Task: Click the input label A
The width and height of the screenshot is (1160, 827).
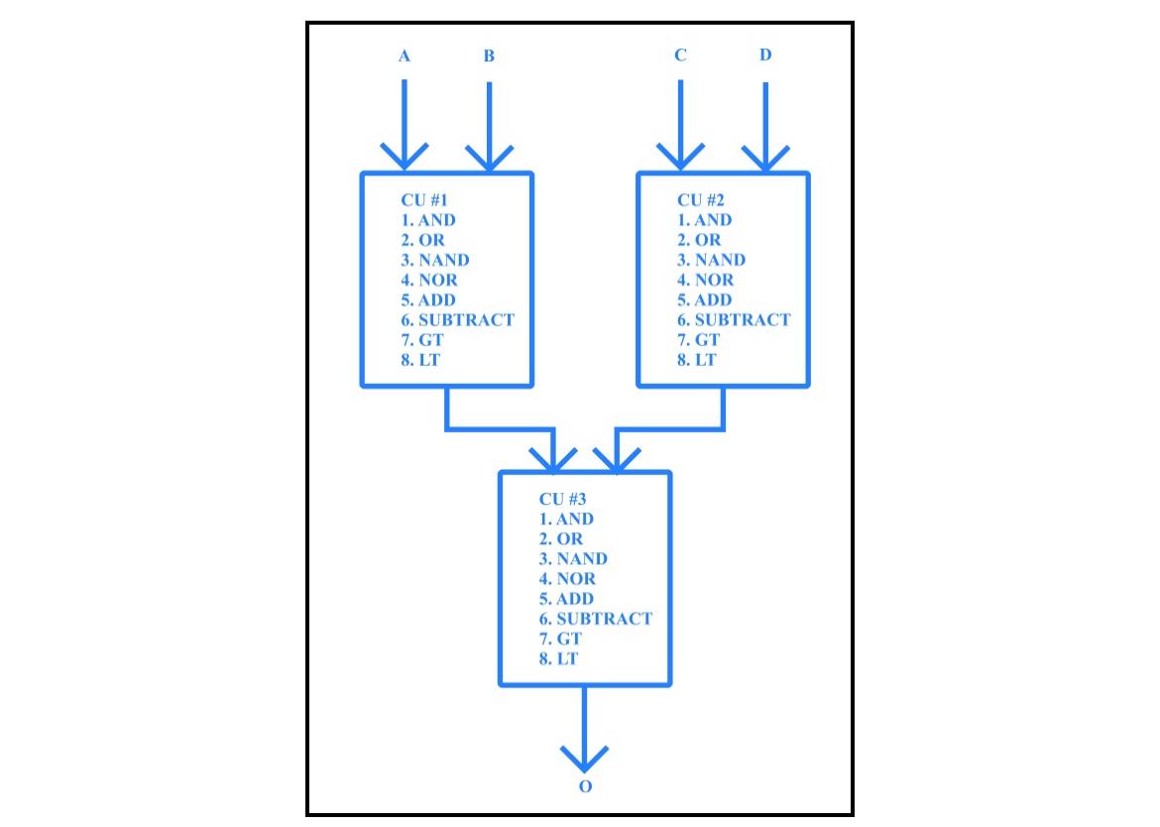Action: click(x=404, y=57)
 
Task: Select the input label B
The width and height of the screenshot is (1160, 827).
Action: click(x=489, y=57)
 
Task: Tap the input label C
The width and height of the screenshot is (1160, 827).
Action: click(x=680, y=56)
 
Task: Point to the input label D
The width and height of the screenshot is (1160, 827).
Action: click(x=765, y=55)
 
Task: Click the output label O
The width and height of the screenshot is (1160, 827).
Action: click(x=585, y=786)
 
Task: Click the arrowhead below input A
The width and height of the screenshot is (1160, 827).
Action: click(x=404, y=157)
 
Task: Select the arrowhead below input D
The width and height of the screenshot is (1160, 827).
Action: click(x=765, y=157)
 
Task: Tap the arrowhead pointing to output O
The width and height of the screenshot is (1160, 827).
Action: click(x=584, y=759)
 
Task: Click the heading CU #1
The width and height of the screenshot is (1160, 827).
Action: click(x=424, y=200)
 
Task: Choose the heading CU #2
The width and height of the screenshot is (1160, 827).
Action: click(x=701, y=200)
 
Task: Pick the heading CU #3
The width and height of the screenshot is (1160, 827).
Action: click(x=562, y=499)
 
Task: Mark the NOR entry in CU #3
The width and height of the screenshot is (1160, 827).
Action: click(x=567, y=578)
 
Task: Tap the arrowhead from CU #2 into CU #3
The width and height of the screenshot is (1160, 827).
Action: click(x=616, y=459)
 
